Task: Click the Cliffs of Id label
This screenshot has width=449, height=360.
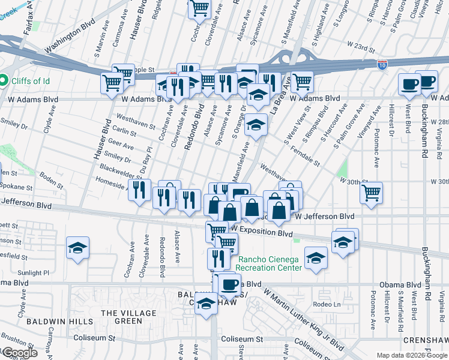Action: pos(30,81)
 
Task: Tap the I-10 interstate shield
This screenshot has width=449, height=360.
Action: pos(382,63)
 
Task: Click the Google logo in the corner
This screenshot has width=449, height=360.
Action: pos(19,353)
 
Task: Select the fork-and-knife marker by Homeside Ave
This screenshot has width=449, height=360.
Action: pos(139,190)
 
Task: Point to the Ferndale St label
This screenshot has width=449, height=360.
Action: pos(305,156)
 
